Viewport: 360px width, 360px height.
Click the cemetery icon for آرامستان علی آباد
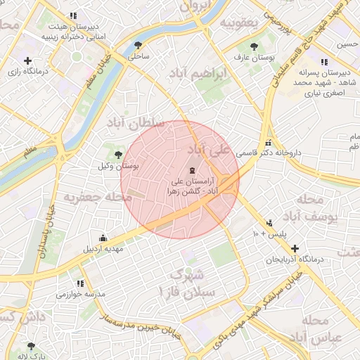coord(192,171)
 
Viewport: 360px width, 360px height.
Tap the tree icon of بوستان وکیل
coord(118,155)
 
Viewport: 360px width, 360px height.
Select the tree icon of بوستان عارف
coord(253,44)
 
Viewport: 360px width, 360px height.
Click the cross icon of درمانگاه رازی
coord(27,61)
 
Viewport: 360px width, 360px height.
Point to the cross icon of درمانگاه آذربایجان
coord(295,248)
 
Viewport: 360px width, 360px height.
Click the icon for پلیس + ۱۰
coord(270,223)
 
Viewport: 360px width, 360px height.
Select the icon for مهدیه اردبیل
coord(104,237)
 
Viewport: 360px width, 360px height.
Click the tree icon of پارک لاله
coord(30,346)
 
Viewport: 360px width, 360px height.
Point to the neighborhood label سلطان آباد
coord(135,123)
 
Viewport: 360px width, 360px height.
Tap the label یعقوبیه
coord(239,22)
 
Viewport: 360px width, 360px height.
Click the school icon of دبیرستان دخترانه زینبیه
coord(73,16)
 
